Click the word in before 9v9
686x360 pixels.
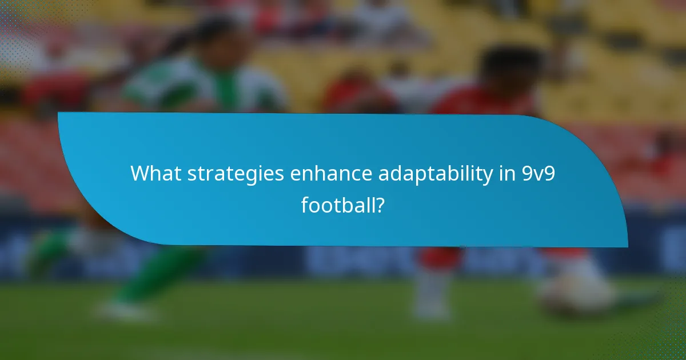[506, 174]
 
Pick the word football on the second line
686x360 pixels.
[337, 204]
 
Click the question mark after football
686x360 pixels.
[379, 204]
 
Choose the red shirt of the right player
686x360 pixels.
[486, 103]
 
